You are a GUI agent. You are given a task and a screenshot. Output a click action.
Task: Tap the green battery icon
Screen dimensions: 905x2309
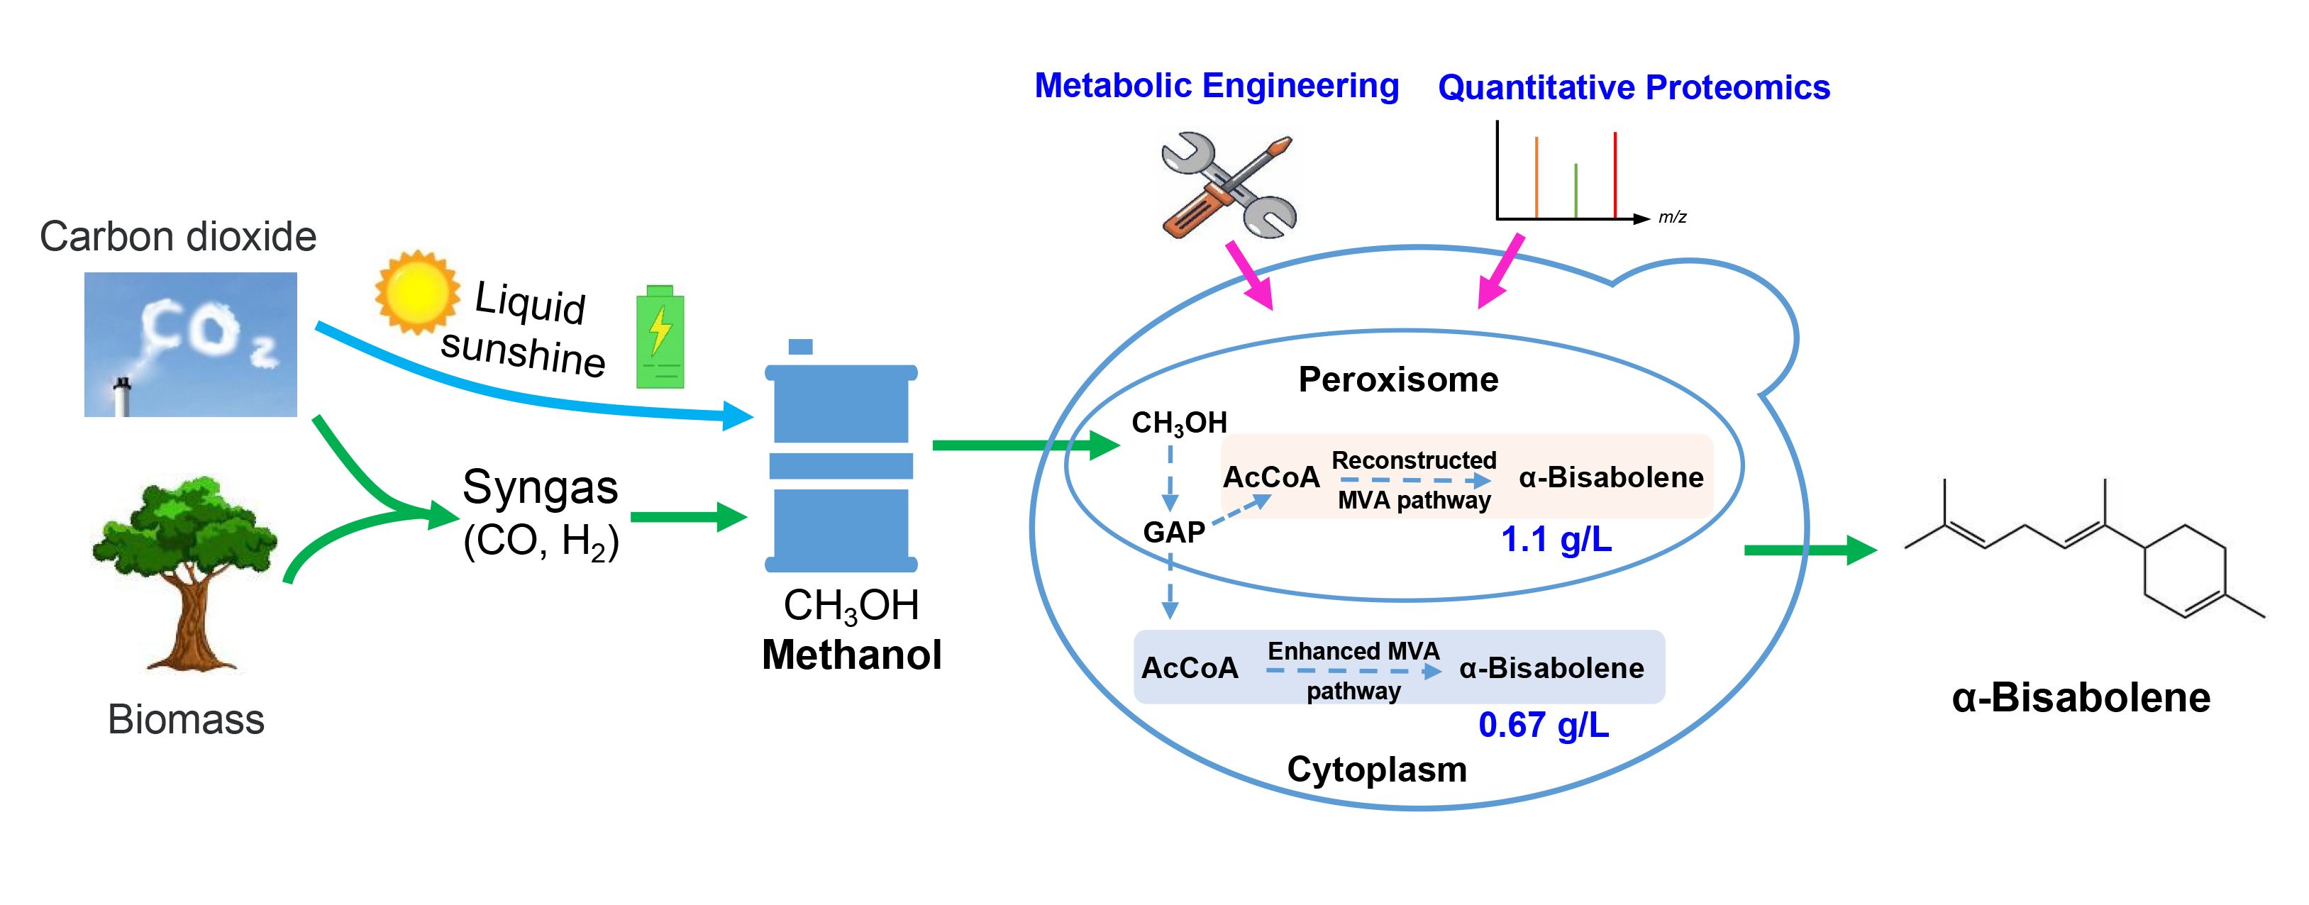coord(660,337)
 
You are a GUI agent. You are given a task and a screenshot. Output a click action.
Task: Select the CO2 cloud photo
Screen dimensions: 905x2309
coord(190,344)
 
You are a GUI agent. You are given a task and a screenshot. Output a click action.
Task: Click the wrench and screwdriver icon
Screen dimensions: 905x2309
coord(1228,187)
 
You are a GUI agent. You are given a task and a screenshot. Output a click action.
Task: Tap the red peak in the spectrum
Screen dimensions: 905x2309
coord(1615,174)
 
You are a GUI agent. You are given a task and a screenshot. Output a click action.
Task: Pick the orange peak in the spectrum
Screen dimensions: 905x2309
coord(1536,177)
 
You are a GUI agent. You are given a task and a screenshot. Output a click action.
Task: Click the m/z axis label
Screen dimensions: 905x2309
coord(1672,217)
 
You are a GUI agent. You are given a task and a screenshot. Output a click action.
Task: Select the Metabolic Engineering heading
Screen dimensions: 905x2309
coord(1217,86)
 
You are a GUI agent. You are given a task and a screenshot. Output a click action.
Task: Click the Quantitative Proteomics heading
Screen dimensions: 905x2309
coord(1633,88)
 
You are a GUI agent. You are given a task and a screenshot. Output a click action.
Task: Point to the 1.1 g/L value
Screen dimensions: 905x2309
coord(1556,540)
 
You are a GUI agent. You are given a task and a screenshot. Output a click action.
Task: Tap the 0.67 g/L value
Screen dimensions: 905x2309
coord(1544,725)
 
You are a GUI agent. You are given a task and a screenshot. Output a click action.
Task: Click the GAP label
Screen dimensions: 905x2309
coord(1173,532)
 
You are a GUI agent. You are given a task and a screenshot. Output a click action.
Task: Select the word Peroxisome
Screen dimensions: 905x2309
coord(1397,380)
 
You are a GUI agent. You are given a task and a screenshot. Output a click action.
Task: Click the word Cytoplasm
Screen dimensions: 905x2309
coord(1376,770)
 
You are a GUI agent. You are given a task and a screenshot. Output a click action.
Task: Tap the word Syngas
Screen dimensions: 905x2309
coord(540,487)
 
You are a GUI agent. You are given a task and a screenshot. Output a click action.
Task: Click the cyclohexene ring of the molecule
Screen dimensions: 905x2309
coord(2184,571)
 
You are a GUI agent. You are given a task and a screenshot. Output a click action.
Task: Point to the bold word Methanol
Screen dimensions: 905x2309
coord(851,655)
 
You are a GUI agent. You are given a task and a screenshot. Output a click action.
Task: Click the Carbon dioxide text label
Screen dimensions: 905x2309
coord(177,237)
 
